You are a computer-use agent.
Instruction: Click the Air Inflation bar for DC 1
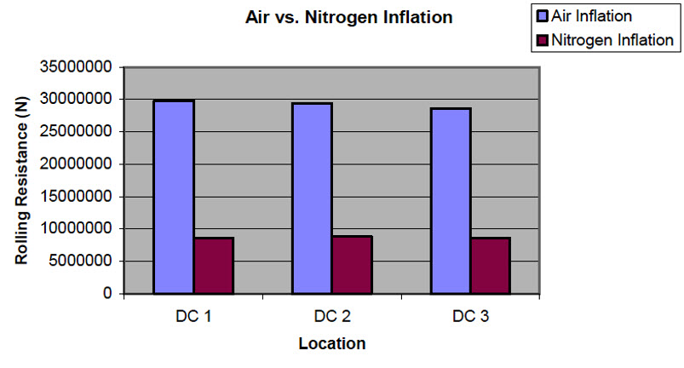tap(174, 197)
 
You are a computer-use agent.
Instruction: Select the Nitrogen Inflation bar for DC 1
tap(214, 266)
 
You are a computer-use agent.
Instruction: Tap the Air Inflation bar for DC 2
tap(312, 198)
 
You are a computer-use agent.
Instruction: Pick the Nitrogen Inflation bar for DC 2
tap(352, 265)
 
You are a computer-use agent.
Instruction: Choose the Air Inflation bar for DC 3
tap(450, 201)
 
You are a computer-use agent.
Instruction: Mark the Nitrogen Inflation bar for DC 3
tap(490, 266)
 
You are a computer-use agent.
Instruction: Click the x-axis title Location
tap(332, 344)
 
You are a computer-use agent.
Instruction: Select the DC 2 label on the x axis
tap(331, 316)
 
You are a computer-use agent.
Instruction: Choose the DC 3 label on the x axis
tap(470, 316)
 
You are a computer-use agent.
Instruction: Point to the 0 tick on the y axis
tap(108, 294)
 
